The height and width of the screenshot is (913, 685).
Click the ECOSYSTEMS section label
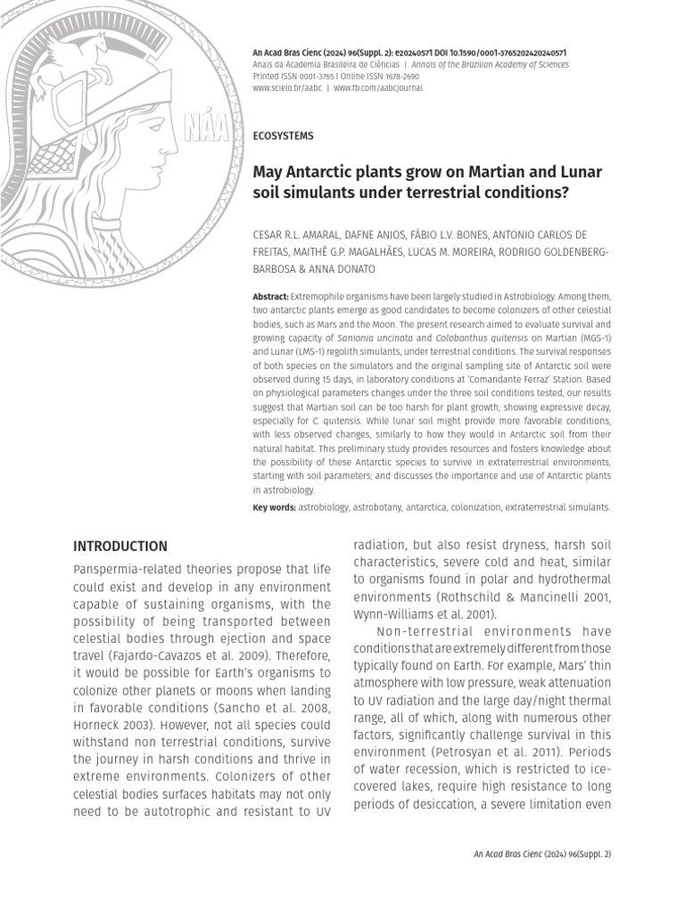click(x=284, y=136)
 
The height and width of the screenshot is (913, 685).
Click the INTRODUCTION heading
click(x=120, y=546)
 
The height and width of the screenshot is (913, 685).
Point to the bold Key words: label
click(x=274, y=506)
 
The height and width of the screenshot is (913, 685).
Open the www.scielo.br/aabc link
click(x=287, y=89)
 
